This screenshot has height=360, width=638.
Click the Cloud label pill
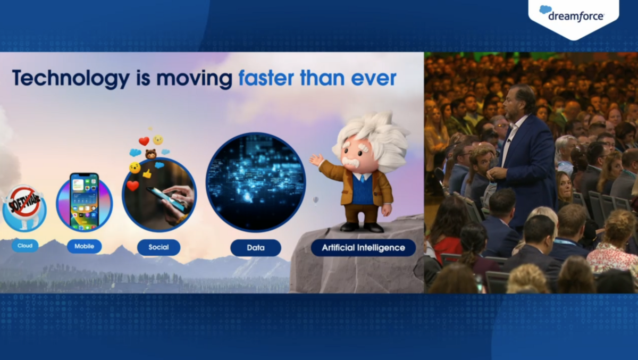[25, 246]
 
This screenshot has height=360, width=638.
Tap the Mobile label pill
[85, 246]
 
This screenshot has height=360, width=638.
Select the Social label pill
[158, 247]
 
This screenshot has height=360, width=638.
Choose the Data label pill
[256, 248]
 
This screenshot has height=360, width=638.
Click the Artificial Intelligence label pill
[363, 248]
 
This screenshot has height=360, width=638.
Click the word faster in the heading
[266, 78]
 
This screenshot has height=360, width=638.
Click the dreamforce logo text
[576, 16]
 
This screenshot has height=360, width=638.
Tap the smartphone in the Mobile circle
[85, 202]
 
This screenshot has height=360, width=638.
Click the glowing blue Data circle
[256, 182]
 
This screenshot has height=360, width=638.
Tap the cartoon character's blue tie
[362, 179]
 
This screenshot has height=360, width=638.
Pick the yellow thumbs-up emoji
[147, 173]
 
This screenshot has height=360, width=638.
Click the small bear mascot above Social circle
[150, 154]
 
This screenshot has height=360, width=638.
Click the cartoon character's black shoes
[363, 227]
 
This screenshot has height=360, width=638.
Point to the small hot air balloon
[316, 200]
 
